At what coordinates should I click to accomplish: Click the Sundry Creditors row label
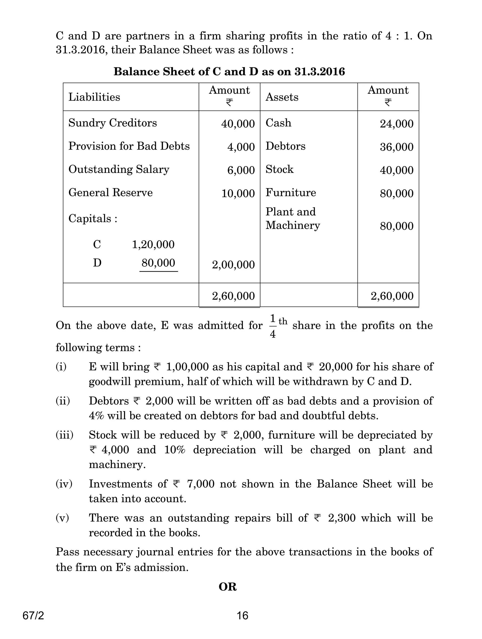click(x=112, y=123)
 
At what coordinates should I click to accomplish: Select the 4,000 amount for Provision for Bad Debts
click(x=241, y=147)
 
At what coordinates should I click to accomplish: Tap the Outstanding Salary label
click(x=119, y=170)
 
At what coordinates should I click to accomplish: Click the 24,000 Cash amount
click(x=397, y=124)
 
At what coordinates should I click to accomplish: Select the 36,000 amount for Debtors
click(x=397, y=147)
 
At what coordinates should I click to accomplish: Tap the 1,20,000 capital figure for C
click(x=153, y=244)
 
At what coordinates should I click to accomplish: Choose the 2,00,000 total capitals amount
click(x=233, y=265)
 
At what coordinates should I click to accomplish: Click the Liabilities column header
click(x=94, y=97)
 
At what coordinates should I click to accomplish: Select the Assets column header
click(x=282, y=97)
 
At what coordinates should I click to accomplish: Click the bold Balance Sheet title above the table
click(x=229, y=72)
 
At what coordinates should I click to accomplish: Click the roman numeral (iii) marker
click(x=64, y=435)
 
